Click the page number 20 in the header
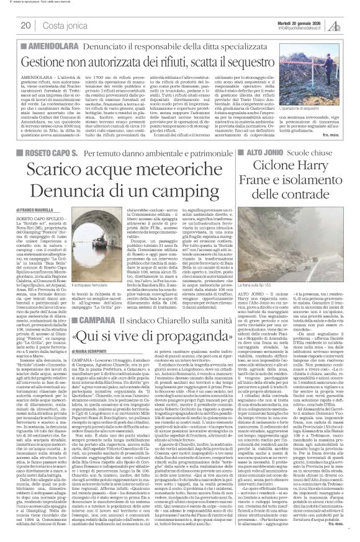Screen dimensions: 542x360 (26, 25)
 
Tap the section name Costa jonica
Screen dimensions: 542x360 (58, 25)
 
